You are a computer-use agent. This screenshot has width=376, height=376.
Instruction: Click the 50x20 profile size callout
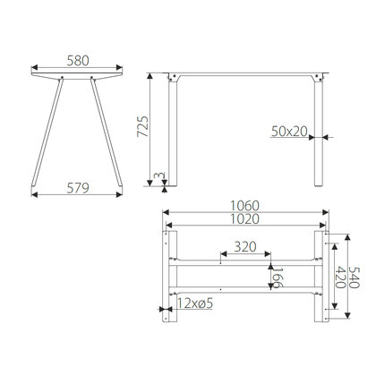tap(289, 131)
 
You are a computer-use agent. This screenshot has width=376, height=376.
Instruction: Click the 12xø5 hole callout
tap(194, 304)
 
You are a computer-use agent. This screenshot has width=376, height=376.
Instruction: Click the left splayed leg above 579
tap(46, 134)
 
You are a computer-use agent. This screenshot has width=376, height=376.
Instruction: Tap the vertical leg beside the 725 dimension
tap(173, 134)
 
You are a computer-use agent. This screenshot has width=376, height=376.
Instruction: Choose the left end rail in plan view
tap(167, 278)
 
